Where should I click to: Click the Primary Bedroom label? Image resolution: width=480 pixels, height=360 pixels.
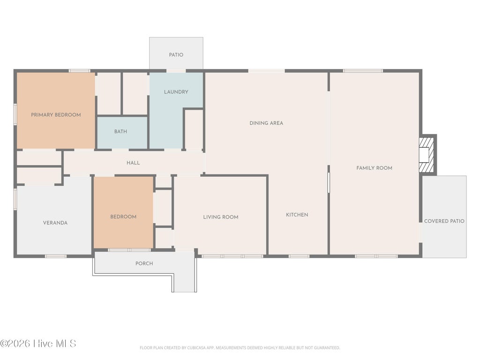(x=56, y=115)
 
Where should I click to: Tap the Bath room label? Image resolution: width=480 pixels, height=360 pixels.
(x=120, y=131)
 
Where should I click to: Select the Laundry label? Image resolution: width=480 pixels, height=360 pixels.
(x=176, y=92)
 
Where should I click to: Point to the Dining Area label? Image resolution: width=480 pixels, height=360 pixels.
(x=266, y=123)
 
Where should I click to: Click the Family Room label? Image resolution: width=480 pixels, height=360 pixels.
(x=374, y=168)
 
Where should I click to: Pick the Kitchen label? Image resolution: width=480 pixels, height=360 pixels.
(x=297, y=215)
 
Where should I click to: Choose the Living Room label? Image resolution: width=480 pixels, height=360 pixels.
(x=221, y=217)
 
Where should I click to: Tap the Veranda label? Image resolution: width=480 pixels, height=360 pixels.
(x=55, y=223)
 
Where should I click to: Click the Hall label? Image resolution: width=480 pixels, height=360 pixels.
(x=133, y=163)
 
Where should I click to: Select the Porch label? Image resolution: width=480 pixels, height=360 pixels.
(x=144, y=263)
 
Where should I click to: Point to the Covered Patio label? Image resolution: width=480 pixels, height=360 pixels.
(x=444, y=221)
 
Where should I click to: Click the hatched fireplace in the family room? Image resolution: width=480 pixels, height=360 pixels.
(x=427, y=155)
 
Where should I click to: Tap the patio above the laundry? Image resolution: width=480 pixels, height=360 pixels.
(x=176, y=53)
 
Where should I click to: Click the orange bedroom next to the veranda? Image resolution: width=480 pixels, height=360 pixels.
(x=123, y=212)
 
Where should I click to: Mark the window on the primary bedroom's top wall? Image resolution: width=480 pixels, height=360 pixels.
(x=79, y=71)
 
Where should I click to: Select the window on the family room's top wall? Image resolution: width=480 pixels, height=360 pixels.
(x=363, y=71)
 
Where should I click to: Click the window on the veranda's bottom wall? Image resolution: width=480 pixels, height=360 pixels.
(x=56, y=256)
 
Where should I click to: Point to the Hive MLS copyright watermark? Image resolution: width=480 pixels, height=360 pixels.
(x=38, y=344)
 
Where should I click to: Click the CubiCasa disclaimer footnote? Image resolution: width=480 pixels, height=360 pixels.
(x=240, y=348)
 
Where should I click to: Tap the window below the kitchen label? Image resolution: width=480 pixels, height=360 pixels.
(x=299, y=256)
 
